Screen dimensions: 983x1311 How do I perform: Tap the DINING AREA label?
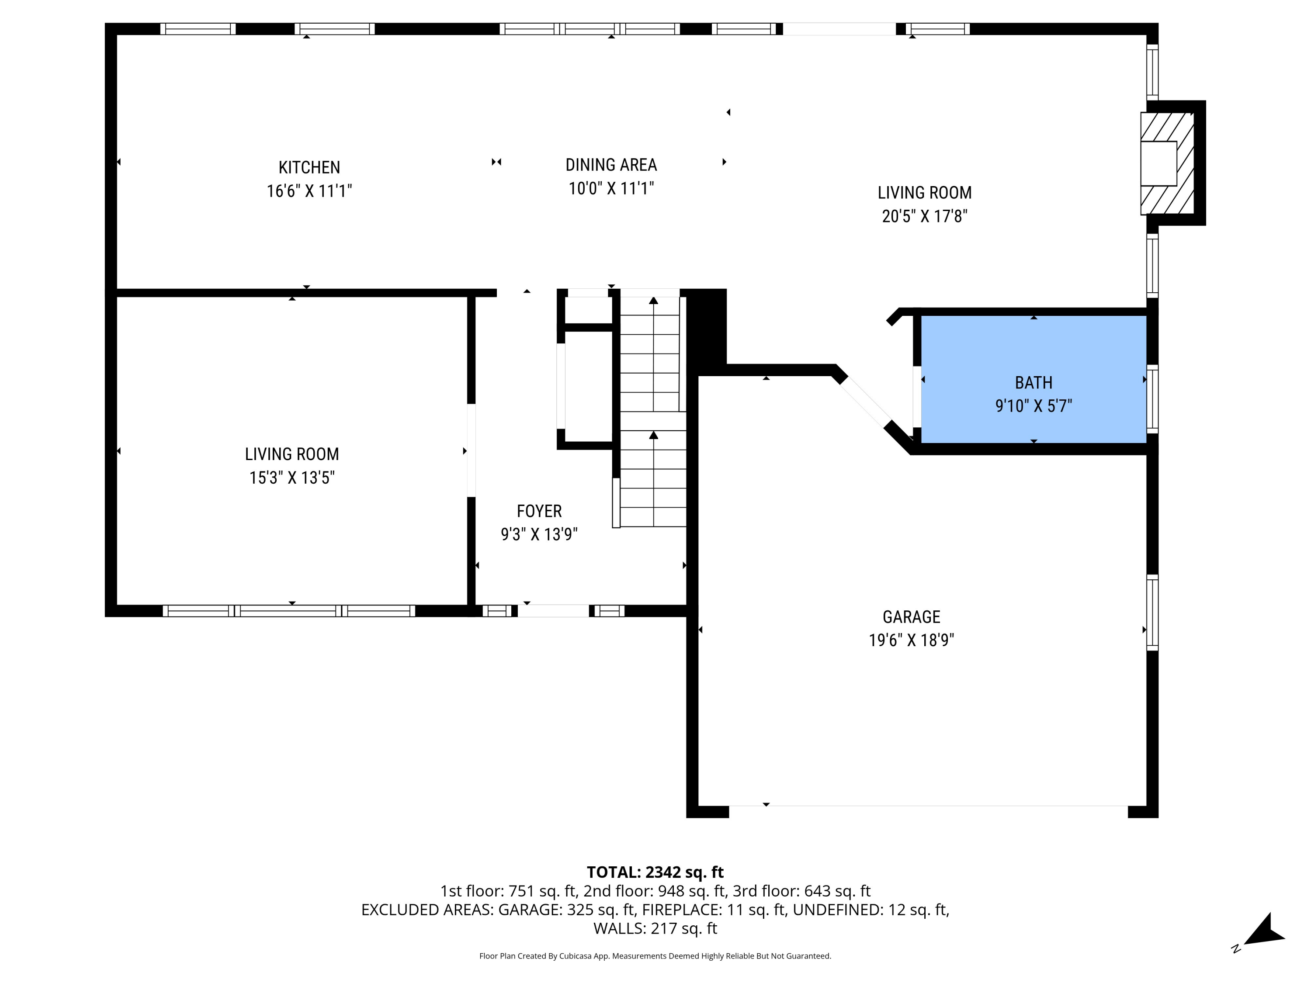[611, 165]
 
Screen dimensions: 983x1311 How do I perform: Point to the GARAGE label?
[911, 617]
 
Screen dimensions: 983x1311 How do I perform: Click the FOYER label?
[539, 511]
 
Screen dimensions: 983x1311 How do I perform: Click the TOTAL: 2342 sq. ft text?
[655, 872]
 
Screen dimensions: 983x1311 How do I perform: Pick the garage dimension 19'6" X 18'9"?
[911, 640]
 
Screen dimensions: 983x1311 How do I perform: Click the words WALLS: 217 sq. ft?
[655, 928]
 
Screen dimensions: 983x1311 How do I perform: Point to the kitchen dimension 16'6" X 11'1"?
[309, 191]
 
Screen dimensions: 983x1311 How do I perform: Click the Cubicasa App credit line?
[655, 956]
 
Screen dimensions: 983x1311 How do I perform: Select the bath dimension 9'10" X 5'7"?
[1033, 406]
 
